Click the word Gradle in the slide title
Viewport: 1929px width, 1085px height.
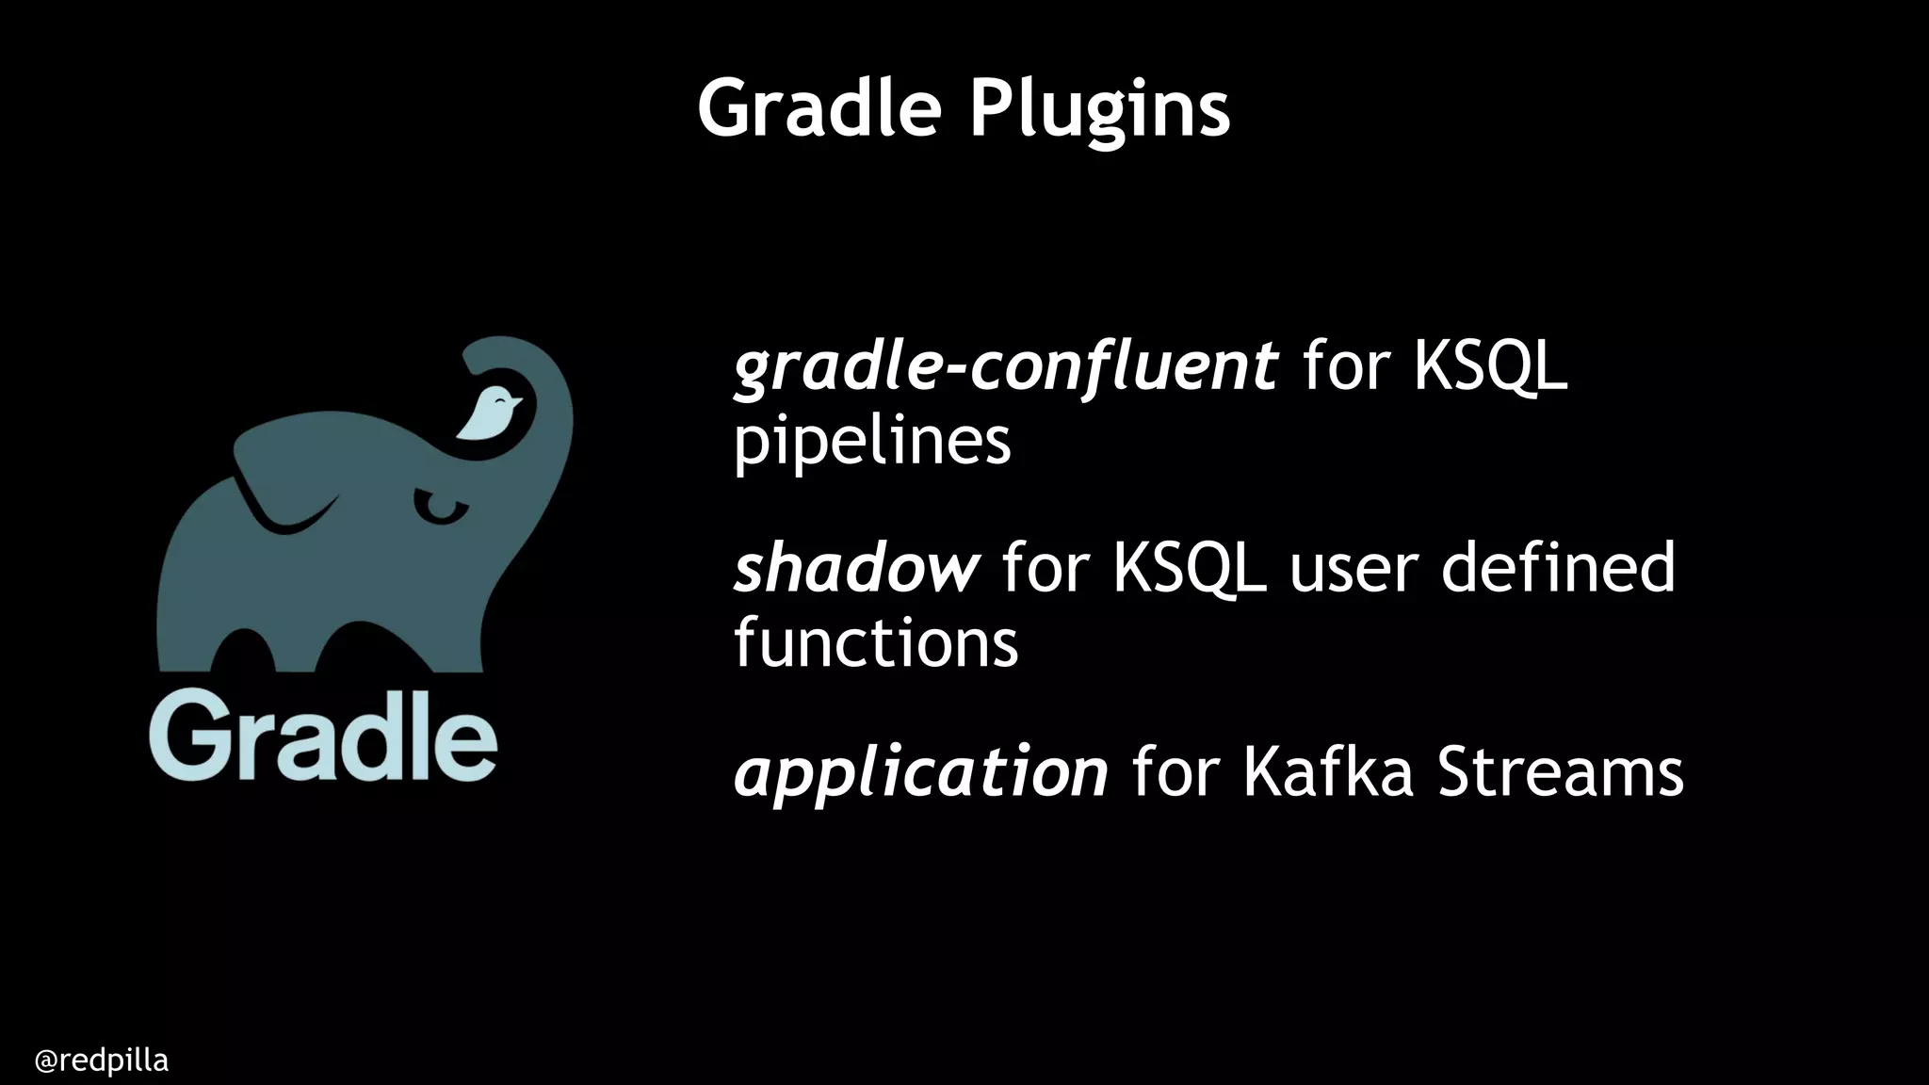819,108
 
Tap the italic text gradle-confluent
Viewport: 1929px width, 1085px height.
1005,367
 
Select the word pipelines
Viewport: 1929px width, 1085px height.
871,441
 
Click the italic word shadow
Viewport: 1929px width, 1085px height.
855,568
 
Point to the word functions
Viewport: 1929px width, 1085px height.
875,643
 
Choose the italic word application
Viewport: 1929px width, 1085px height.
920,772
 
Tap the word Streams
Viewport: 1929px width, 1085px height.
1560,772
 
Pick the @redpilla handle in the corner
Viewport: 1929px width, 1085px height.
101,1061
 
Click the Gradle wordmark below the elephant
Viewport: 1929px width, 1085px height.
322,737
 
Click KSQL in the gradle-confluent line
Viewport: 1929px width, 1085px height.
1490,367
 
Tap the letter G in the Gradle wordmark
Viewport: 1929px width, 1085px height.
189,737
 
